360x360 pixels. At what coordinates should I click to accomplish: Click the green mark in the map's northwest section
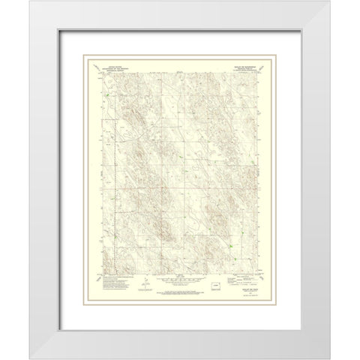(107, 95)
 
